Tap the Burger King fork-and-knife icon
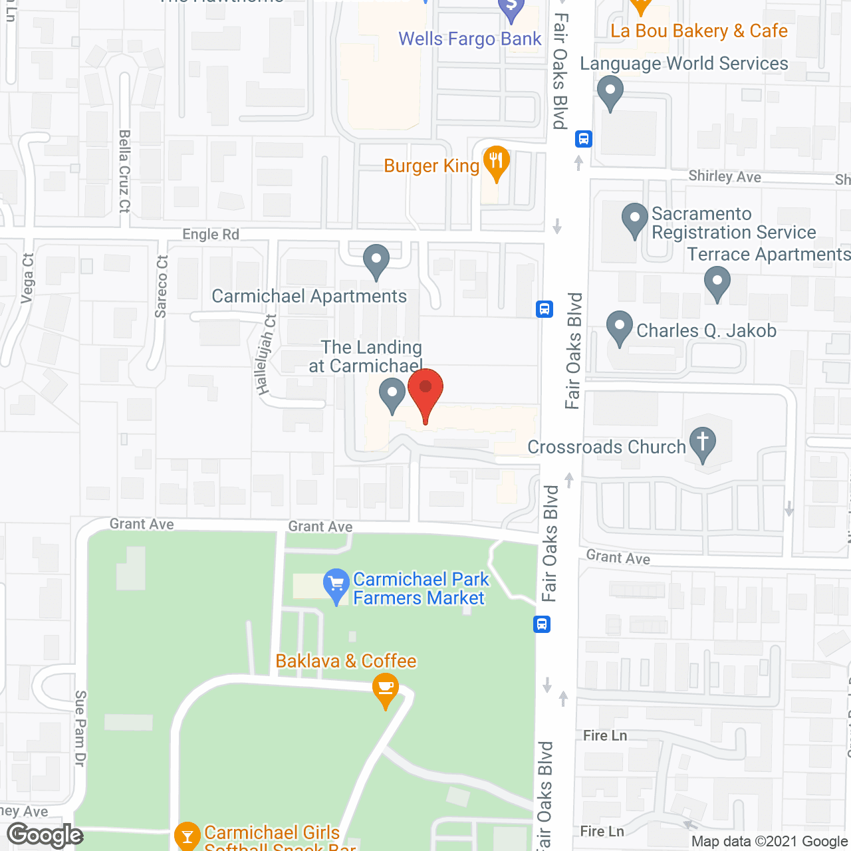[x=495, y=162]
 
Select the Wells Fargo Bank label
[x=469, y=39]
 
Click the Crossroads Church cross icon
[x=703, y=441]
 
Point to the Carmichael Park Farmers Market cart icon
[x=336, y=584]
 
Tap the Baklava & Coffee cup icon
[x=386, y=688]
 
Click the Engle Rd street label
[x=211, y=235]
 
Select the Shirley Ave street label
[x=725, y=176]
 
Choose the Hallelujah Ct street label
[x=266, y=355]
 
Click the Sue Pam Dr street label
[x=80, y=729]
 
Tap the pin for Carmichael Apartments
[x=376, y=260]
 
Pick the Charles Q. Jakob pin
[x=620, y=326]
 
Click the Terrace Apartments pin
[x=717, y=282]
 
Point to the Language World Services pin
[x=610, y=92]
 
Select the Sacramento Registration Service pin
[x=635, y=219]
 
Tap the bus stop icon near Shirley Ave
[x=584, y=139]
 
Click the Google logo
[x=45, y=835]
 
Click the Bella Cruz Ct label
[x=124, y=171]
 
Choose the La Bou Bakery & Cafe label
[x=699, y=31]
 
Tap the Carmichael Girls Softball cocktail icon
[x=187, y=835]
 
